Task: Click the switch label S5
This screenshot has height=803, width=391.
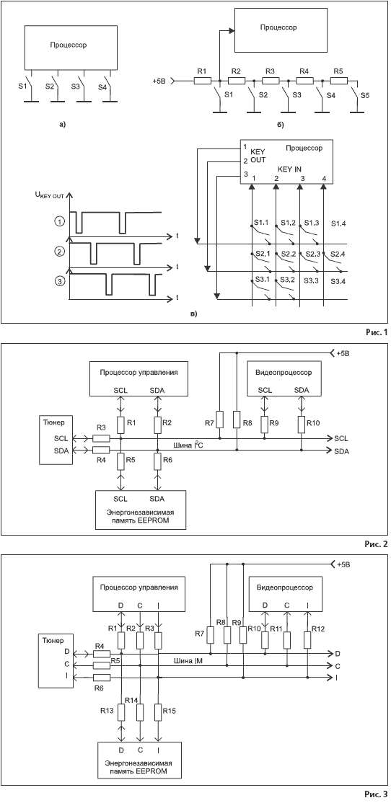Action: [x=364, y=95]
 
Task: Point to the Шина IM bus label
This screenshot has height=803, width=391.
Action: [x=188, y=659]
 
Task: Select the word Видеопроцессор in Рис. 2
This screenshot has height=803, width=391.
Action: [x=281, y=371]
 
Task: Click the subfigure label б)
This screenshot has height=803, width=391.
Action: [x=280, y=123]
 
